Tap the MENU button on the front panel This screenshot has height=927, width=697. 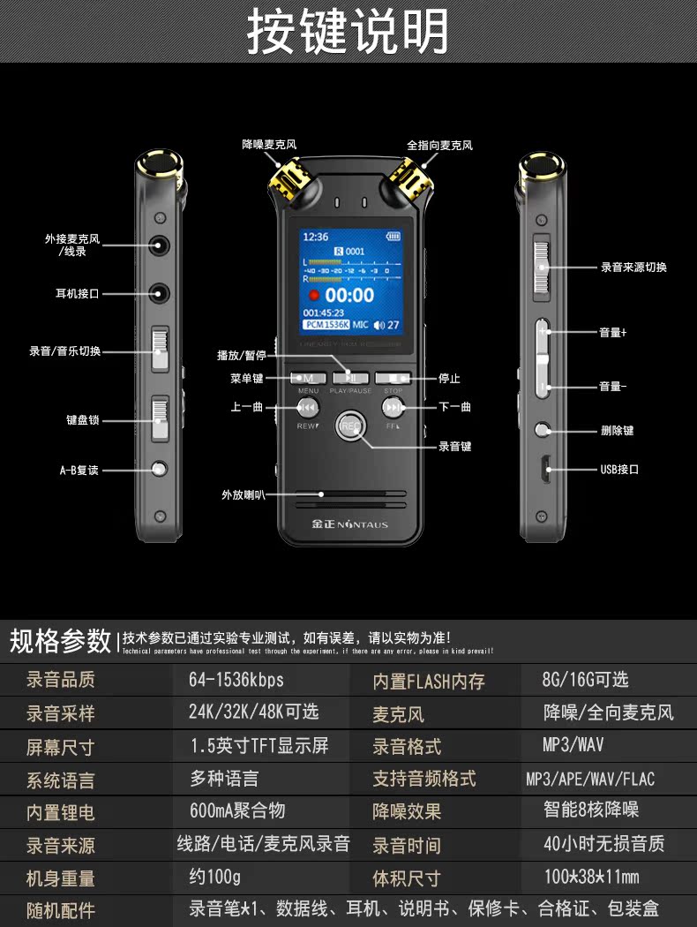(309, 378)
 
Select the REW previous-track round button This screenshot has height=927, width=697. (307, 408)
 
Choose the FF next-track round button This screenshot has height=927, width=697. (393, 408)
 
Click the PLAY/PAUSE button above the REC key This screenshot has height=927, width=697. (350, 378)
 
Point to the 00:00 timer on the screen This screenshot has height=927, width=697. (349, 295)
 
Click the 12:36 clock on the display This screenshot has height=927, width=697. (315, 237)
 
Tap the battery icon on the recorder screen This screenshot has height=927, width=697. (392, 237)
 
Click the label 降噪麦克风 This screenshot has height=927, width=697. (269, 145)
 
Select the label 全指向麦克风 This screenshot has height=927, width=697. (439, 145)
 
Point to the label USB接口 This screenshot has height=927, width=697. (619, 469)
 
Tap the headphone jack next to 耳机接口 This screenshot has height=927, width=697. (160, 292)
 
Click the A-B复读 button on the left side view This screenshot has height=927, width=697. (160, 470)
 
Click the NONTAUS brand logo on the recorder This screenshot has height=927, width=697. (350, 524)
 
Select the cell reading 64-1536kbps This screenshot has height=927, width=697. (236, 680)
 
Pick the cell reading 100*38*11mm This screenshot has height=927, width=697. (591, 877)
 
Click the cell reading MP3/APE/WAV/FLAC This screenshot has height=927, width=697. (590, 779)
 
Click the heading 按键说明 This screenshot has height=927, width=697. (348, 32)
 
